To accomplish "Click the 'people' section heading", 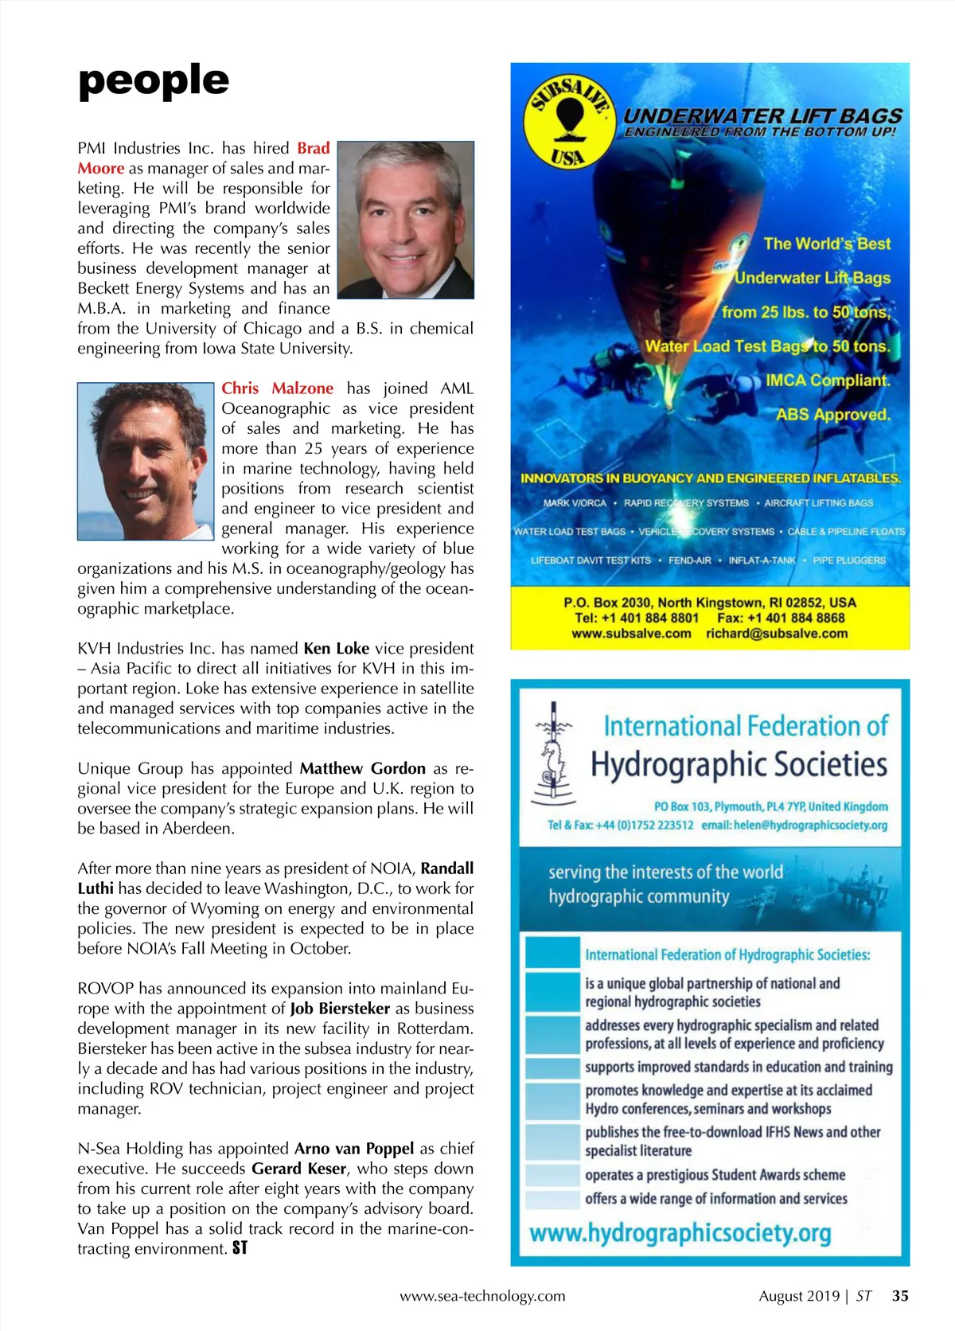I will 154,80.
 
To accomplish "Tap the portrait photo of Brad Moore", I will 406,220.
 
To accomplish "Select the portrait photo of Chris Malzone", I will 145,461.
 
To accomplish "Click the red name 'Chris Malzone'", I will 277,388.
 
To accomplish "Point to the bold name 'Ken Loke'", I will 336,649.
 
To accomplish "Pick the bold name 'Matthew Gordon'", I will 362,768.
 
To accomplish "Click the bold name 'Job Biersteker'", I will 340,1009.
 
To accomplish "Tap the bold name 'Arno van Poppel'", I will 354,1149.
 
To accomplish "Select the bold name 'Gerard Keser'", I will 298,1169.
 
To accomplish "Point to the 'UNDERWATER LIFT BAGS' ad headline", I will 762,115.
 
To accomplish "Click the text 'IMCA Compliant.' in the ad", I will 828,381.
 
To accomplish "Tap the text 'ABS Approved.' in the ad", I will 832,415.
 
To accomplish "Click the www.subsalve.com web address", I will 631,634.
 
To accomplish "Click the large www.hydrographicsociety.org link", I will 680,1234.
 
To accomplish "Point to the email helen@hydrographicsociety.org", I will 794,826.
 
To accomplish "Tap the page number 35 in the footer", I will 899,1296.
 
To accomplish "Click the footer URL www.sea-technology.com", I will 482,1296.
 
